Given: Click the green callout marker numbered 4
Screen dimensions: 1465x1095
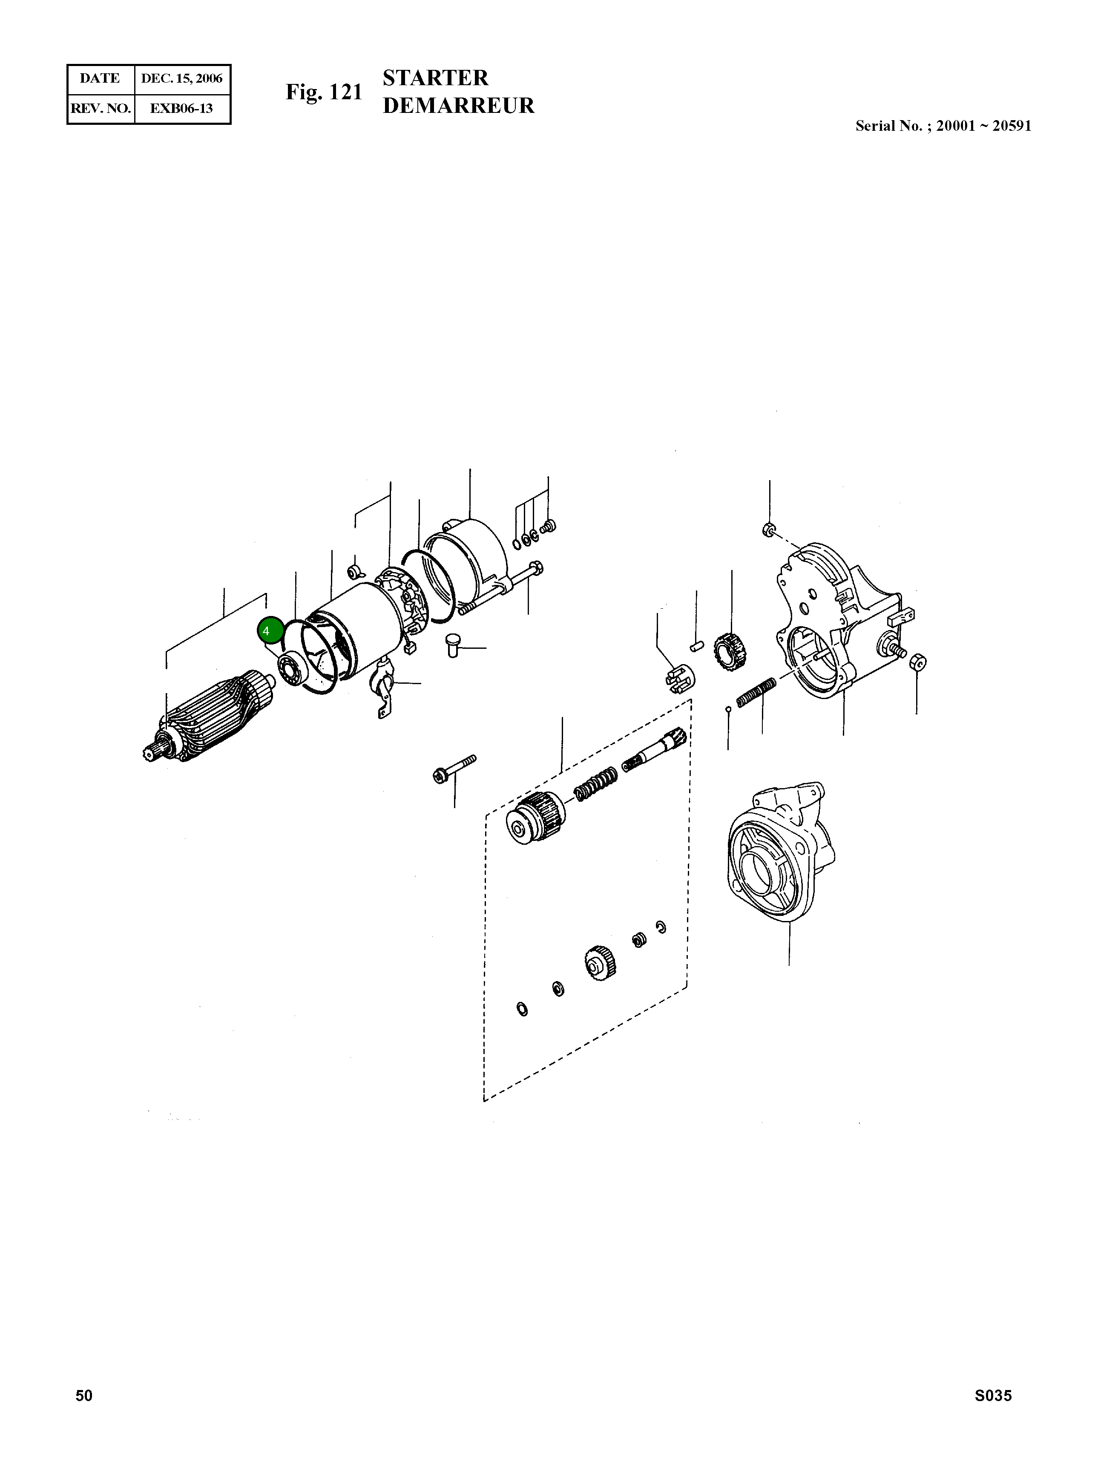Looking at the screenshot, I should [x=270, y=630].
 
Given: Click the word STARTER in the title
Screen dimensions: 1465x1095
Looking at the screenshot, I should [x=435, y=78].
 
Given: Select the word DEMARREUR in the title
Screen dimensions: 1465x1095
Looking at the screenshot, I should [x=458, y=106].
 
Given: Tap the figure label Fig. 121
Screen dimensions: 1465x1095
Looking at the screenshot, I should [x=324, y=92].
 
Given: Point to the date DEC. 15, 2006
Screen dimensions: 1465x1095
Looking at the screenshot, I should [x=181, y=79].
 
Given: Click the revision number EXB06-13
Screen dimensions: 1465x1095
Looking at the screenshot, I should [x=181, y=109].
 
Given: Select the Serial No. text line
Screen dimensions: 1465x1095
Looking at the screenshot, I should [x=943, y=126].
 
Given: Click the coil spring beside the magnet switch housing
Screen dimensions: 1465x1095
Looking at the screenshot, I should [x=756, y=693].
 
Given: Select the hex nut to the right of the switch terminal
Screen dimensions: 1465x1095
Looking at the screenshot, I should [x=917, y=661].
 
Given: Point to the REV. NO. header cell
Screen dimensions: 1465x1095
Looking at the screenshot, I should [x=101, y=109].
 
